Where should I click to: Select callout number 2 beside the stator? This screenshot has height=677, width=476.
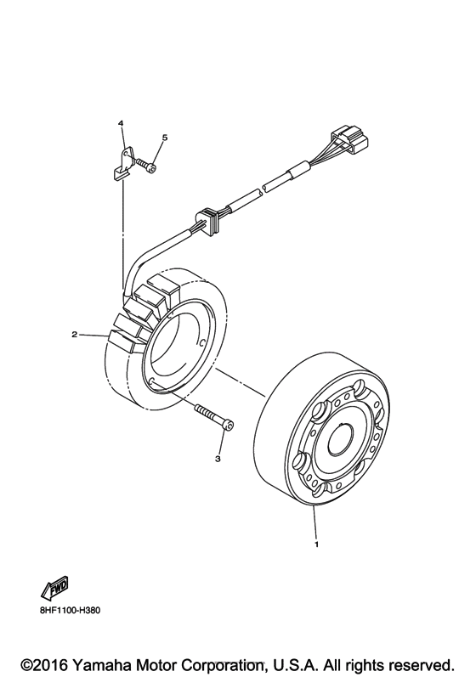pyautogui.click(x=75, y=334)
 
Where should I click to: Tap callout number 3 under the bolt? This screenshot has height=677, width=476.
pyautogui.click(x=218, y=460)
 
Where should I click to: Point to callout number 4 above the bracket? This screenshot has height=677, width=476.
pyautogui.click(x=122, y=125)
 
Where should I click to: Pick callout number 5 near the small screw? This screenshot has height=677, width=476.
pyautogui.click(x=165, y=138)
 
